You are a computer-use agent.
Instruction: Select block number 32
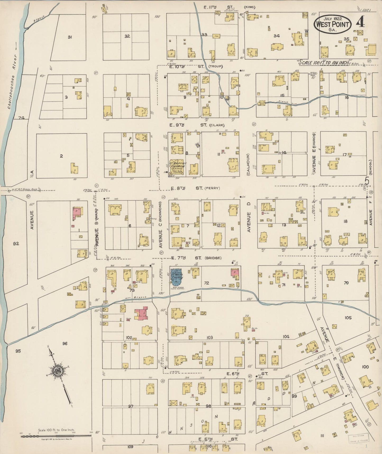(x=127, y=36)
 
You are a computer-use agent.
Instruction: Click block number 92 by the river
(x=16, y=243)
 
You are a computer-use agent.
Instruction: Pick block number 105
(x=348, y=318)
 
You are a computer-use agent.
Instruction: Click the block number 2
(x=61, y=156)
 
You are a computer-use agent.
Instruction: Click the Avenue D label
(x=248, y=222)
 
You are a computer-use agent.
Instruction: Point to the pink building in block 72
(x=235, y=273)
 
